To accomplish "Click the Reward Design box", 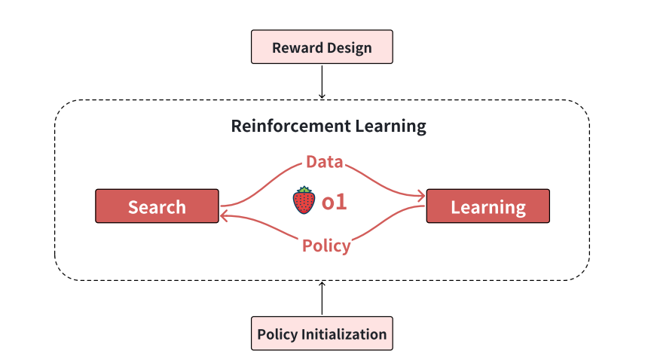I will tap(322, 47).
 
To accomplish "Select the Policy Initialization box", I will tap(322, 334).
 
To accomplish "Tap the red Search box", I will tap(157, 206).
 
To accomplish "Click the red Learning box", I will tap(488, 206).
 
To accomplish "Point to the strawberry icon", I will tap(304, 200).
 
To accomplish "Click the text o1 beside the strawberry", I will tap(334, 202).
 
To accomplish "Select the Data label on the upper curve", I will tap(325, 161).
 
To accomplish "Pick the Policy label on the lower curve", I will tap(326, 246).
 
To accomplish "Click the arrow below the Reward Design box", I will tap(322, 81).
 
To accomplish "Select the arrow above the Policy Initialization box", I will tap(322, 299).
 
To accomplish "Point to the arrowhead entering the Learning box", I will tap(421, 197).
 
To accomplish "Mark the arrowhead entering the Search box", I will tap(225, 215).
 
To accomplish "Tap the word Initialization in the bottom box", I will tap(344, 334).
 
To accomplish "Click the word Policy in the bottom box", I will tap(277, 334).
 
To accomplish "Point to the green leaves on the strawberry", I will tap(304, 190).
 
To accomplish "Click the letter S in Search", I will tap(133, 207).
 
